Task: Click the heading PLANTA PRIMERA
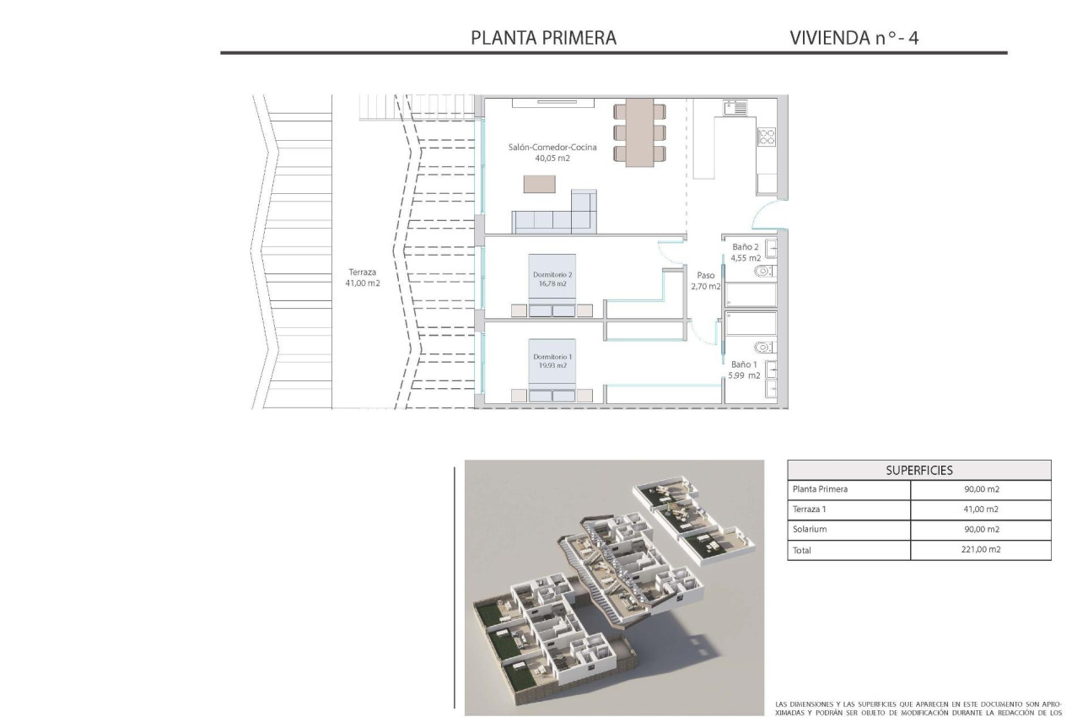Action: [543, 38]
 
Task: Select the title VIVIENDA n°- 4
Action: [854, 38]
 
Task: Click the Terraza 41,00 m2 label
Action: [362, 278]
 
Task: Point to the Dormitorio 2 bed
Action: [552, 285]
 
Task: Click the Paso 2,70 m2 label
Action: [707, 280]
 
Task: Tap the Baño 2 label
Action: [746, 252]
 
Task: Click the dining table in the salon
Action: [638, 132]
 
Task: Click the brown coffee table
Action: [541, 183]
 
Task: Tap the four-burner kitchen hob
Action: [766, 137]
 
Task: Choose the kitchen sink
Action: [735, 107]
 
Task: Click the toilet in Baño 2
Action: [764, 272]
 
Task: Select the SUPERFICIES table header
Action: [918, 470]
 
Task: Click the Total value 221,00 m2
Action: [980, 550]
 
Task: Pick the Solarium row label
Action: [810, 530]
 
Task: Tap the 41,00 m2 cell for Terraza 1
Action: [980, 509]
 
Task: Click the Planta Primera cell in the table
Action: [820, 489]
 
